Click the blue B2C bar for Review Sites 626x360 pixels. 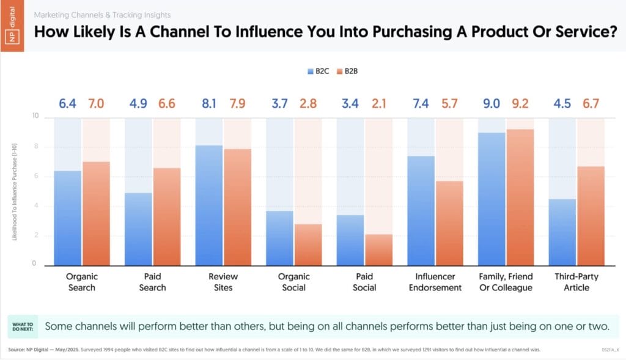coord(209,205)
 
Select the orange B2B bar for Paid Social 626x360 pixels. coord(378,250)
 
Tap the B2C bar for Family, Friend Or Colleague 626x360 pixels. coord(492,199)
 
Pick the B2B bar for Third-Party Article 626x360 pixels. coord(591,216)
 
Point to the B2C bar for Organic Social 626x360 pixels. coord(279,238)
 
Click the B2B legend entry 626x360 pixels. coord(347,72)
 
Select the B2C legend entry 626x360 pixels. coord(318,72)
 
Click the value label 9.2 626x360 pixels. coord(520,104)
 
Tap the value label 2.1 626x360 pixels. coord(379,104)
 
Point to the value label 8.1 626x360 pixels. coord(209,104)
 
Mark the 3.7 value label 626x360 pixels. coord(279,104)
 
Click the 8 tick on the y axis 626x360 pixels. coord(36,147)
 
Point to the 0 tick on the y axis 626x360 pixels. coord(34,263)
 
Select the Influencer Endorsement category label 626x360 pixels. coord(435,282)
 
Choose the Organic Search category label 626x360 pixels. coord(82,282)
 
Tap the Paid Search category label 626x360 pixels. coord(152,282)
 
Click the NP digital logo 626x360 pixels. coord(12,26)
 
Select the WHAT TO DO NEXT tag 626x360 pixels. coord(23,326)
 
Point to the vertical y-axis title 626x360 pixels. coord(15,192)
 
